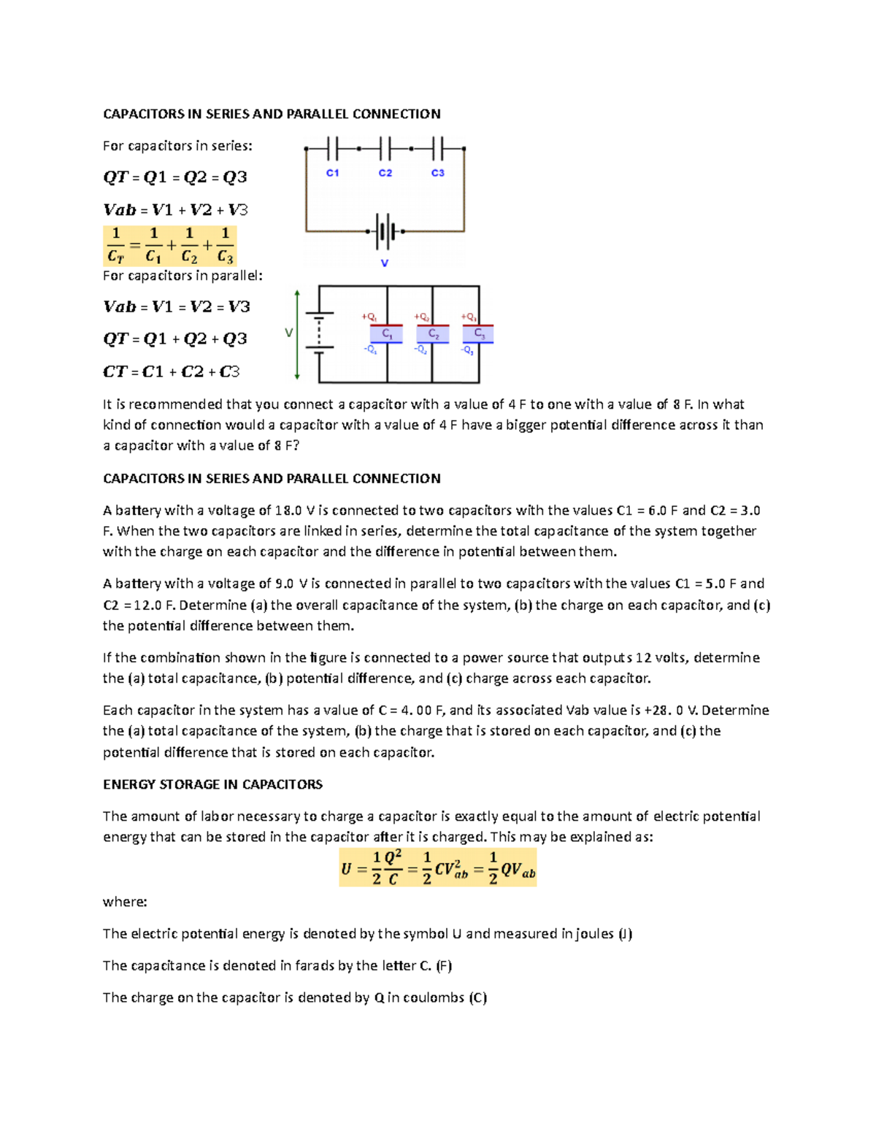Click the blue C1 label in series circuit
(x=332, y=173)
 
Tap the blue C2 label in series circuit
(x=385, y=173)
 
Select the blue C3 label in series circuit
(x=438, y=173)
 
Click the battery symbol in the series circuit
(x=385, y=232)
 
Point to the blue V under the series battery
(x=385, y=263)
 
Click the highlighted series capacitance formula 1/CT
(x=170, y=246)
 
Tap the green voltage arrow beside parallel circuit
(x=297, y=334)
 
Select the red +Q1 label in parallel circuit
(x=369, y=317)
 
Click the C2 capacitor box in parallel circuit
(x=433, y=334)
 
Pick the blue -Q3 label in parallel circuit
(x=467, y=350)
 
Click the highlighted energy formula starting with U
(x=438, y=867)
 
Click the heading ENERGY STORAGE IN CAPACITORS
(x=212, y=784)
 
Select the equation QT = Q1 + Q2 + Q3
(x=175, y=339)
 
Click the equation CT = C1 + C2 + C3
(x=172, y=371)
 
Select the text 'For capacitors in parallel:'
(x=182, y=276)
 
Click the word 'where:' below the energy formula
(x=125, y=902)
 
